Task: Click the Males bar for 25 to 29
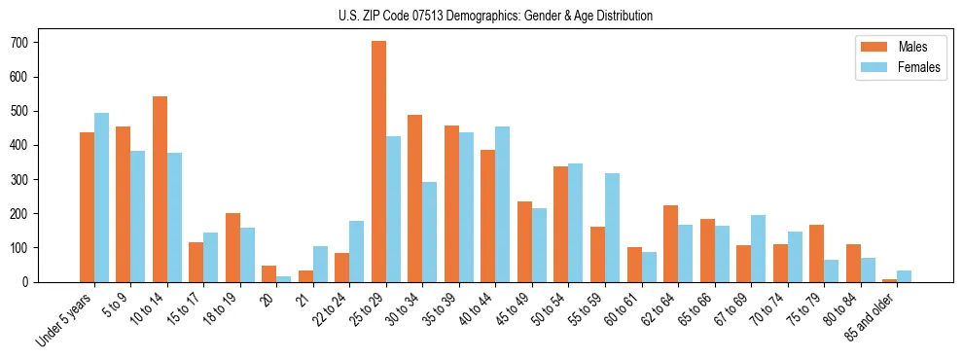[x=378, y=162]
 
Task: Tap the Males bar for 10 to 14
[x=160, y=189]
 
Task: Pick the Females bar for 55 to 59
[x=612, y=228]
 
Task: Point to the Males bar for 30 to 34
[x=414, y=198]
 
